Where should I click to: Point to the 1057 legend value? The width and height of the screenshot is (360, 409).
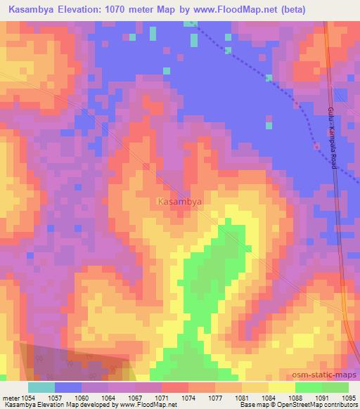click(x=56, y=398)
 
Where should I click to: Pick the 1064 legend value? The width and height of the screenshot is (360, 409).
click(x=109, y=398)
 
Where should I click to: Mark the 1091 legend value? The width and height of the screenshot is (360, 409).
click(x=321, y=398)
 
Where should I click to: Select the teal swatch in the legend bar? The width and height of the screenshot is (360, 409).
click(x=41, y=387)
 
